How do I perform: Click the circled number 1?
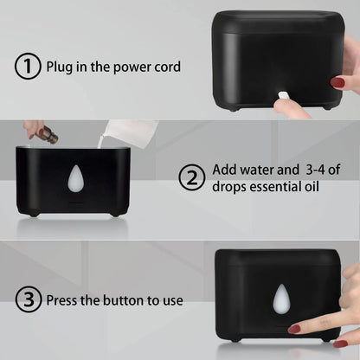point(28,66)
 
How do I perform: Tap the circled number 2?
point(192,177)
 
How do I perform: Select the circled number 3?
point(29,299)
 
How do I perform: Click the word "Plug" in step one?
point(59,67)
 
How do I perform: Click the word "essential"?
point(275,187)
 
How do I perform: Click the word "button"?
point(124,300)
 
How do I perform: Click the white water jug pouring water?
point(129,132)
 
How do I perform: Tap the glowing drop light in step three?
point(282,299)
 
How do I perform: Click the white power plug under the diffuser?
point(283,96)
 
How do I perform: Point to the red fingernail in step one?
point(337,83)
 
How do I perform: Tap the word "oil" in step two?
point(312,186)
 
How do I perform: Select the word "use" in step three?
point(173,301)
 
